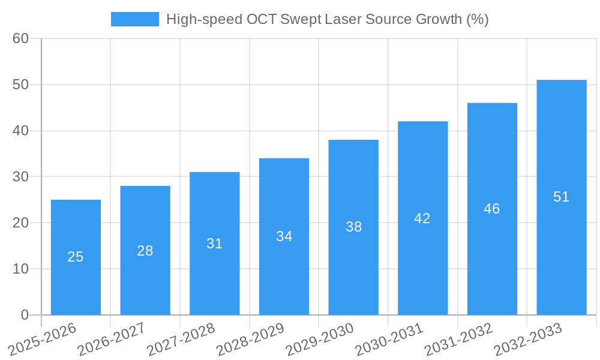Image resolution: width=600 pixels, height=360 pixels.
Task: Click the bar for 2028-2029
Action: (284, 270)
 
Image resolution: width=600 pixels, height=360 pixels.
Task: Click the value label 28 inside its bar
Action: (145, 251)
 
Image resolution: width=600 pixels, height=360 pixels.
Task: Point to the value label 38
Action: (353, 227)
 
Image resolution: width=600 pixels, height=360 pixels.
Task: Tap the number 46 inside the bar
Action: (492, 209)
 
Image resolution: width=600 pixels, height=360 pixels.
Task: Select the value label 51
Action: (561, 197)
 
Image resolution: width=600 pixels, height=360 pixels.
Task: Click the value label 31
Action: (214, 244)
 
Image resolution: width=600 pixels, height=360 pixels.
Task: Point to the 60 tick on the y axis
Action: (20, 38)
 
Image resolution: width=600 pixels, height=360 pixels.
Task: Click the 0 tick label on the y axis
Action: (25, 315)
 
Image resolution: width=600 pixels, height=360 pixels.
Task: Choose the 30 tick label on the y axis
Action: (20, 177)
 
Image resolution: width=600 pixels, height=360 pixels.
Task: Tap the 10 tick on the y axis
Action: (20, 269)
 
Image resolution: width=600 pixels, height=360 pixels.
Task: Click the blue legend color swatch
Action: (135, 19)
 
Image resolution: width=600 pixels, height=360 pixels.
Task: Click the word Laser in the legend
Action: (346, 19)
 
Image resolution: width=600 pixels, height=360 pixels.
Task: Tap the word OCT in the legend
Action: (262, 19)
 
